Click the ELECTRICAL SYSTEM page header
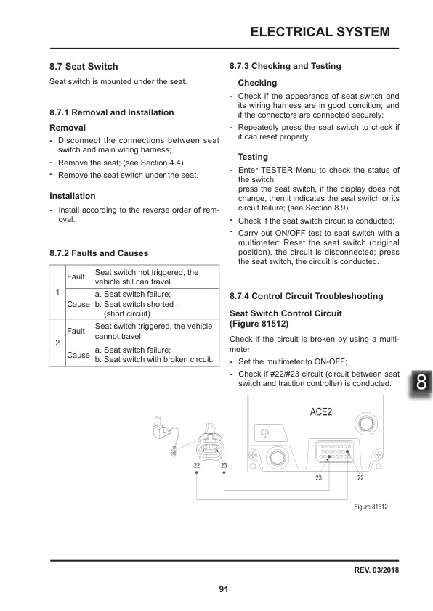(x=320, y=32)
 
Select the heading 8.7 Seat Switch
(x=84, y=67)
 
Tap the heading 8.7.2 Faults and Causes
(x=99, y=253)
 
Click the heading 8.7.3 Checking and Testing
(x=285, y=66)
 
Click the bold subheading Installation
(x=73, y=196)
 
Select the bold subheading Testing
(x=253, y=157)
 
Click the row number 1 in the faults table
(x=57, y=292)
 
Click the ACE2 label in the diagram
(x=320, y=412)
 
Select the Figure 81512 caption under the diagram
(x=371, y=507)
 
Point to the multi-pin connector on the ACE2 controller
(x=332, y=454)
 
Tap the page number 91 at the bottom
(x=224, y=589)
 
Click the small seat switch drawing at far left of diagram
(x=161, y=429)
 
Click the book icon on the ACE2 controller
(x=264, y=433)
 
